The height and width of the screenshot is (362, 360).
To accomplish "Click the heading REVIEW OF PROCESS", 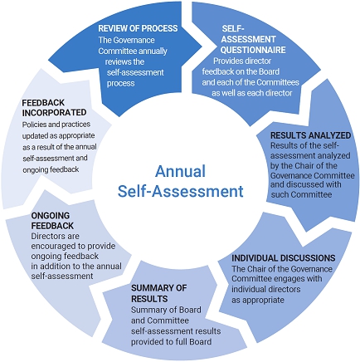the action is point(138,28).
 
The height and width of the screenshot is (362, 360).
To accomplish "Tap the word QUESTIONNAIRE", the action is point(253,50).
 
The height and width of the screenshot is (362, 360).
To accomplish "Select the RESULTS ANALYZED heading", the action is point(310,135).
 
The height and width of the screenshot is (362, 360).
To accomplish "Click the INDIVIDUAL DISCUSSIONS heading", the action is point(284,258).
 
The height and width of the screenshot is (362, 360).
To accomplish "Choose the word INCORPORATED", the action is point(54,113).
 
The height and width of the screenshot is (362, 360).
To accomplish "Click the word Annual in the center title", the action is point(180,171).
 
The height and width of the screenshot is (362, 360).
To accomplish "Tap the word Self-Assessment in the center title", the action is point(180,191).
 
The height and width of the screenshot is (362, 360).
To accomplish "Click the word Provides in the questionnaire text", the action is point(225,61).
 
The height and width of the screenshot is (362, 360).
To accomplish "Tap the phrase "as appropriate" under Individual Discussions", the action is point(258,300).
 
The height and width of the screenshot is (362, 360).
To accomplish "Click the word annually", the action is point(153,51).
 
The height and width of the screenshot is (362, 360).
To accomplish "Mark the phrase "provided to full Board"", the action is point(171,342).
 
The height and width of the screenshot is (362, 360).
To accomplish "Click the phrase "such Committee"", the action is point(301,194).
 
